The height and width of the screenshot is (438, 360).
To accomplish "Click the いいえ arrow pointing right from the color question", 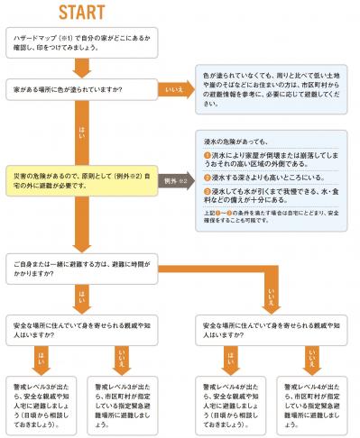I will (172, 89).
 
